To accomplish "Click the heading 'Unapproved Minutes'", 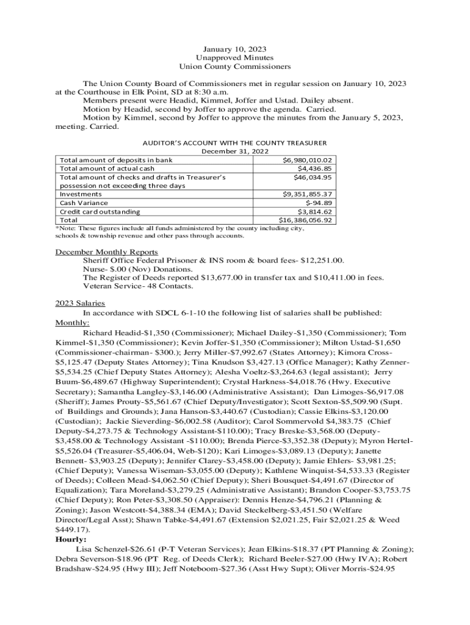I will pos(235,57).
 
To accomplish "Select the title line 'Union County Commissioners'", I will pos(235,66).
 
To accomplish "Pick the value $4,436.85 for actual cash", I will pos(314,168).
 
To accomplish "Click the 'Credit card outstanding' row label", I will pos(99,211).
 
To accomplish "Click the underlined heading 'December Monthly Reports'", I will pos(107,251).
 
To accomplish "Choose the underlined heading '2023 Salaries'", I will pos(80,303).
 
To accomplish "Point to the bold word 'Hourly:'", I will pos(71,540).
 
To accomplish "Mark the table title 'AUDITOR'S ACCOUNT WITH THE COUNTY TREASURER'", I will pos(235,142).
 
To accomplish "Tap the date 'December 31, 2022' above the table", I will pos(235,151).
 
